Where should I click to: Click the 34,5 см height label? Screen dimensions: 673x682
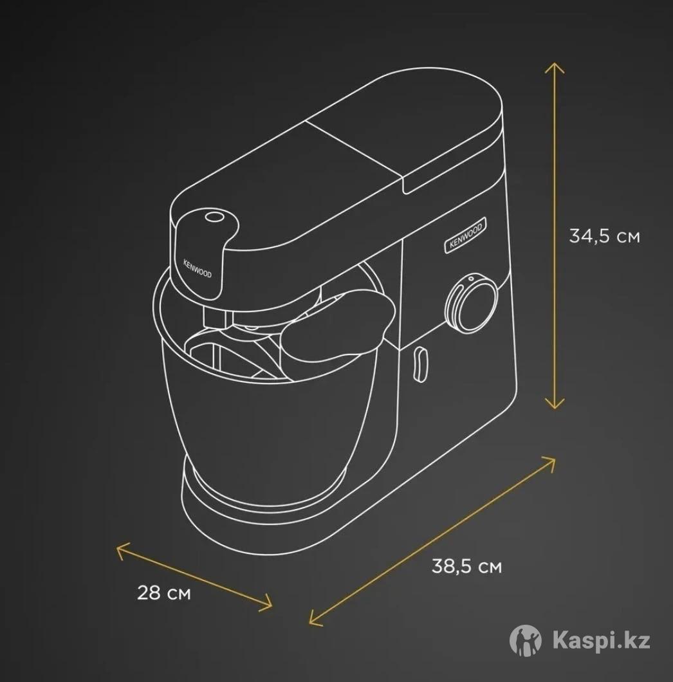pyautogui.click(x=604, y=236)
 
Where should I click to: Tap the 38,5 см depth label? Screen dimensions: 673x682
pyautogui.click(x=466, y=567)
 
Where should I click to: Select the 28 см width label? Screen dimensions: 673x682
pyautogui.click(x=163, y=593)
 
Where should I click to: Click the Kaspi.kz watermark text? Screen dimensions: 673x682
pyautogui.click(x=602, y=641)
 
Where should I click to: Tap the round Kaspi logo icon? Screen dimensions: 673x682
pyautogui.click(x=526, y=640)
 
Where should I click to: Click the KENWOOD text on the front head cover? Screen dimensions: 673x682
pyautogui.click(x=197, y=269)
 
